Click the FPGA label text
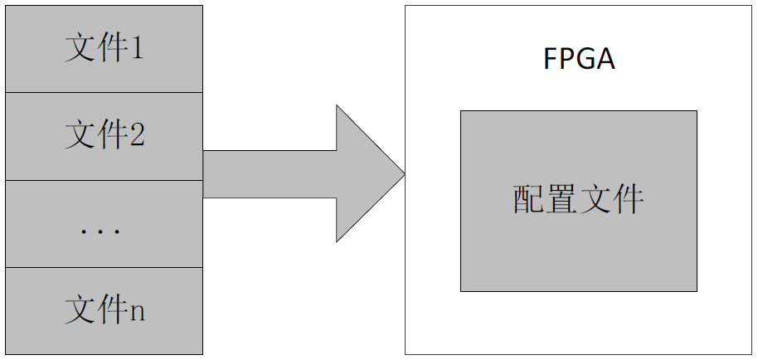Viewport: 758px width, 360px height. pos(579,61)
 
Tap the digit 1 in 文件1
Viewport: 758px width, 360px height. pos(136,50)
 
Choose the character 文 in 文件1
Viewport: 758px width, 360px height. pos(80,49)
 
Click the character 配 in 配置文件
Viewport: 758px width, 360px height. pos(528,201)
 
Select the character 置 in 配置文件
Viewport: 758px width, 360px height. pos(561,201)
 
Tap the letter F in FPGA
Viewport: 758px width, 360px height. pos(551,61)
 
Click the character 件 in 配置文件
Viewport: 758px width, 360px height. pos(628,201)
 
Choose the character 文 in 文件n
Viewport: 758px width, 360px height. pos(80,310)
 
